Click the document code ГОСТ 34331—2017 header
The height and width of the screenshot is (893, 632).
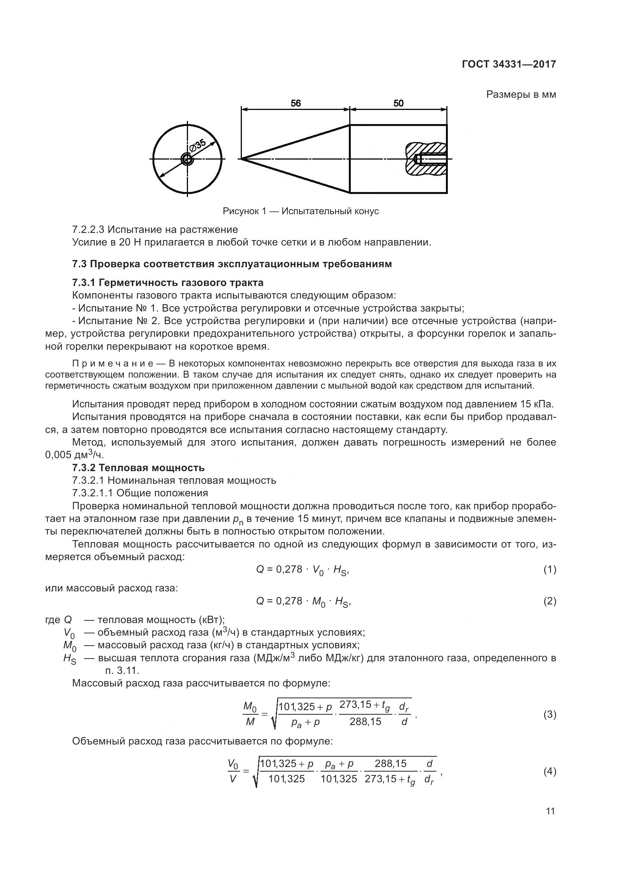point(509,64)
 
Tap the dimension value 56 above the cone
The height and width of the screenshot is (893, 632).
point(296,103)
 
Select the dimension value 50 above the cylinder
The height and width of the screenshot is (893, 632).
point(399,103)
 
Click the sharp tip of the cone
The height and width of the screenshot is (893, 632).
point(241,159)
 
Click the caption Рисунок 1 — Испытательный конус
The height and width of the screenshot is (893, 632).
point(300,211)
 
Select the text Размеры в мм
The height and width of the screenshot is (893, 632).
point(521,95)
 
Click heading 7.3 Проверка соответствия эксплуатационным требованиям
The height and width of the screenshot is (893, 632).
point(232,264)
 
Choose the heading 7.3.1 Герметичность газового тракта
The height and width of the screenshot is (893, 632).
point(168,283)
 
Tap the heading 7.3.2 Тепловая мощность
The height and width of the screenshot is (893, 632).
point(138,468)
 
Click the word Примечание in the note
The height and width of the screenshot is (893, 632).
point(113,364)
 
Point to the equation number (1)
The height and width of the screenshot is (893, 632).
point(549,570)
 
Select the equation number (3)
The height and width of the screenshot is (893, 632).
point(549,714)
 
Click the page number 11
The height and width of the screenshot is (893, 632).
point(550,811)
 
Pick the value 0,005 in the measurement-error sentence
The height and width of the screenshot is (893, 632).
point(58,455)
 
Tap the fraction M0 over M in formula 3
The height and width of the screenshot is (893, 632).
point(250,714)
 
